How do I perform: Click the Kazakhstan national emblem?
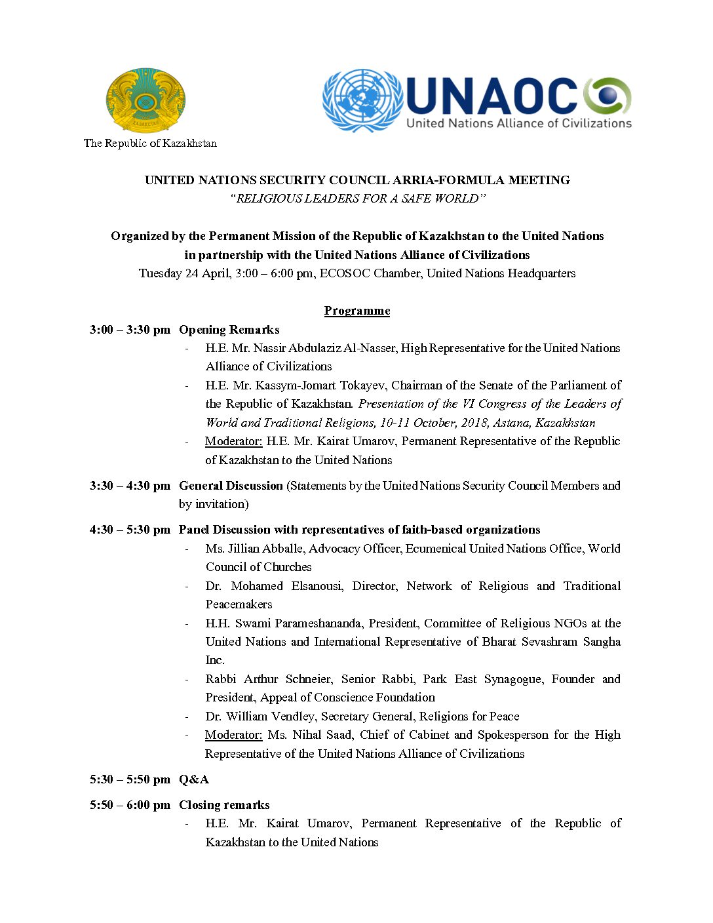click(x=145, y=100)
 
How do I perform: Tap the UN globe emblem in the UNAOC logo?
click(x=362, y=100)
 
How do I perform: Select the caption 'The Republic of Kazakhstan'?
click(x=150, y=143)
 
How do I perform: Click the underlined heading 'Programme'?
click(x=357, y=311)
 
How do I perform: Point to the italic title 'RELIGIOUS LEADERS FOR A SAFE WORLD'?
click(x=357, y=199)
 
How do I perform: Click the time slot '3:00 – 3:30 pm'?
click(x=130, y=330)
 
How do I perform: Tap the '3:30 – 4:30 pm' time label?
click(x=130, y=486)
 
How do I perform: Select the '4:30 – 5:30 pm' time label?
click(x=130, y=530)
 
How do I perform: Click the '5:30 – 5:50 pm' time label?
click(x=130, y=779)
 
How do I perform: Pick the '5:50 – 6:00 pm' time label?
click(x=130, y=805)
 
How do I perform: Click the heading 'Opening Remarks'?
click(x=229, y=330)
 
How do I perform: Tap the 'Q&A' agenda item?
click(x=194, y=779)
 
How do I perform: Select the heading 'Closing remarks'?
click(x=224, y=805)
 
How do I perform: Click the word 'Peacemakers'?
click(x=239, y=604)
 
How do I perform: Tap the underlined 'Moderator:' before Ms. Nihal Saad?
click(x=233, y=735)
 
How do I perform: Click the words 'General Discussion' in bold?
click(x=231, y=486)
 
